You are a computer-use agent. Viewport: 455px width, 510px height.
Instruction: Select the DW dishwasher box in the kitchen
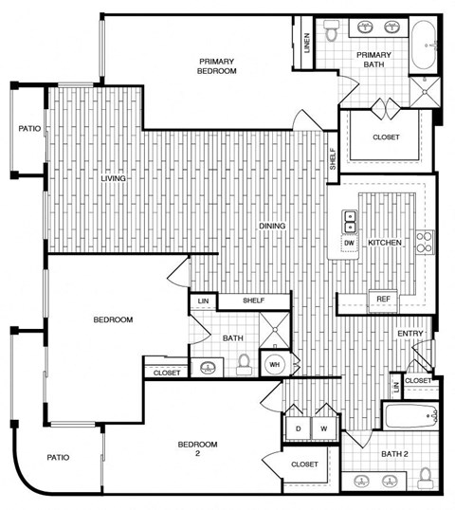(x=350, y=243)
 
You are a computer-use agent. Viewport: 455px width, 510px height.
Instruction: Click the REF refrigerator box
(x=383, y=300)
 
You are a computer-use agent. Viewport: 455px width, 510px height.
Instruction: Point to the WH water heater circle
(x=274, y=364)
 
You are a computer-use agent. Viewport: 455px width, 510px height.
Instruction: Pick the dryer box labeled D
(x=299, y=428)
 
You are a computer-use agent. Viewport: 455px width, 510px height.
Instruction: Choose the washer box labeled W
(x=324, y=428)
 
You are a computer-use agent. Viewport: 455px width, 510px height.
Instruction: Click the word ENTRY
(x=409, y=333)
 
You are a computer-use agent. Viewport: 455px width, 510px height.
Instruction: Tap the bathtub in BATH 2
(x=409, y=416)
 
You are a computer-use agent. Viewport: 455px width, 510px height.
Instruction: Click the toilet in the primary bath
(x=332, y=34)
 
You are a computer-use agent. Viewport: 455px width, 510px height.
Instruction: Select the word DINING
(x=274, y=226)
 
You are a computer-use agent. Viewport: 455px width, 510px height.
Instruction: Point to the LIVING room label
(x=115, y=177)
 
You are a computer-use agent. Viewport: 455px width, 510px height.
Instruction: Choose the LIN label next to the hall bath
(x=203, y=301)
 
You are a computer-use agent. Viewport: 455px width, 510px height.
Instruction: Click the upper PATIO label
(x=29, y=129)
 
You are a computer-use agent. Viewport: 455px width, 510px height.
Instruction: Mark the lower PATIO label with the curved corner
(x=59, y=458)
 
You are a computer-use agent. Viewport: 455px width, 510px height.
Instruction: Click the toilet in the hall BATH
(x=245, y=363)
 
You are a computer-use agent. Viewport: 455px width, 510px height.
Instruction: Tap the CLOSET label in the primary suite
(x=386, y=137)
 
